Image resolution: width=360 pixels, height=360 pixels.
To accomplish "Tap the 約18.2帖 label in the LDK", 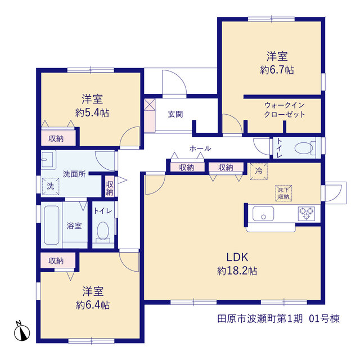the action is [x=237, y=271].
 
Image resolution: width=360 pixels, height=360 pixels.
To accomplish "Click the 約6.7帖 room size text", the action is [x=277, y=70].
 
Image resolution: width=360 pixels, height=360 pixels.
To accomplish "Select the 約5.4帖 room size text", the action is [x=92, y=113].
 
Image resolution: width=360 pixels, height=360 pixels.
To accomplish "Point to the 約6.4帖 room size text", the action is [x=93, y=305].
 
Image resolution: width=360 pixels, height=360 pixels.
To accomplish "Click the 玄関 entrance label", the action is [x=175, y=114].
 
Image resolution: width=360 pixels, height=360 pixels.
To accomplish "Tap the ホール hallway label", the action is [x=200, y=148].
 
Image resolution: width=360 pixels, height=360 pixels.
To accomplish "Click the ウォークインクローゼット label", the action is [x=285, y=110].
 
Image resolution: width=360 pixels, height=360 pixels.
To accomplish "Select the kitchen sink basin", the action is [x=263, y=214].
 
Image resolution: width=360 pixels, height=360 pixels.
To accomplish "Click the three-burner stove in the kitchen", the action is [x=306, y=214].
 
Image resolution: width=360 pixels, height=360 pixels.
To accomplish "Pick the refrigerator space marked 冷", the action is [x=259, y=171].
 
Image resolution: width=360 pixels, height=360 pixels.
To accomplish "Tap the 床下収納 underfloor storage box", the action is [x=283, y=193].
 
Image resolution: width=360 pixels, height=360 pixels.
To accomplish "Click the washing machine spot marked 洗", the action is [x=51, y=186].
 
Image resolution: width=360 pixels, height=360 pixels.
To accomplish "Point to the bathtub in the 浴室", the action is [x=51, y=225].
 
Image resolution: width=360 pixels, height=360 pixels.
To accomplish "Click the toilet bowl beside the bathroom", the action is [x=103, y=231].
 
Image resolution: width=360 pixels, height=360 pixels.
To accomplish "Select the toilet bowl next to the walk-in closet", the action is [x=304, y=148].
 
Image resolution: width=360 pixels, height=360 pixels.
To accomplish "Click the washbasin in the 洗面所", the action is [x=48, y=159].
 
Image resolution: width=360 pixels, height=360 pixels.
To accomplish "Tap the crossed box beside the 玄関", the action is [x=150, y=105].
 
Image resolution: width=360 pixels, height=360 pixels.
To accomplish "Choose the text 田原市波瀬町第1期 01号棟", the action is [x=278, y=319].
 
